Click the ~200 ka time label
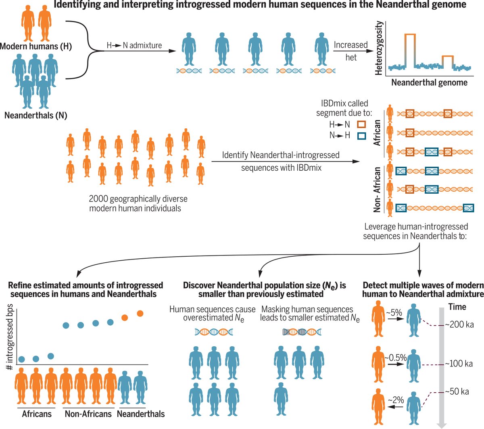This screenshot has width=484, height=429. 459,324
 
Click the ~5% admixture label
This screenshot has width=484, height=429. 394,312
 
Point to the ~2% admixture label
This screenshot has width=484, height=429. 396,400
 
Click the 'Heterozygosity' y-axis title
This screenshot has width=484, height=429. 379,48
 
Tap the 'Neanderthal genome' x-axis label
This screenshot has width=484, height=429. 429,83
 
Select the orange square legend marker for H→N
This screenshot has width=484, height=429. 361,125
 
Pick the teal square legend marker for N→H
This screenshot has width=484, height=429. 361,136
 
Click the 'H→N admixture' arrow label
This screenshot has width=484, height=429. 134,46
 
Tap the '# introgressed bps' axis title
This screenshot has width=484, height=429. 10,337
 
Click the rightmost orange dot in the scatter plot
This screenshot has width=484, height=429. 140,313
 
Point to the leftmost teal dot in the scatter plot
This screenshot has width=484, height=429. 22,359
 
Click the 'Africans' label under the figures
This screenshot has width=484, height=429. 37,414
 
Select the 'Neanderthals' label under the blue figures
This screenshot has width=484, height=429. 141,414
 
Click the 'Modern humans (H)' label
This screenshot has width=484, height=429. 36,46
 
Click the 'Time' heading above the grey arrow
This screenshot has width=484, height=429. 457,307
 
